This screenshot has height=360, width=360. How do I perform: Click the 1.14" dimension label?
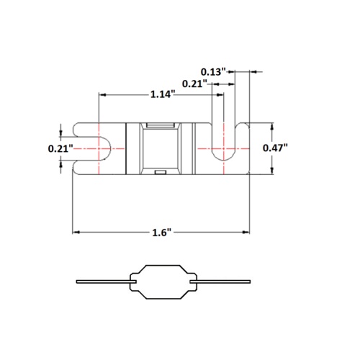coord(162,94)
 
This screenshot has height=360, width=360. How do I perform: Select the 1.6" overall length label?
coord(162,233)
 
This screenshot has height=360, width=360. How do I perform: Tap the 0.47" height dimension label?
coord(275,148)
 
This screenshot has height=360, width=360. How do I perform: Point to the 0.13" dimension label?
coord(213,71)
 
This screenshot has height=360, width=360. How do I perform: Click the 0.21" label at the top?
coord(194,84)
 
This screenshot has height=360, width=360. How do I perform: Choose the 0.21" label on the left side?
coord(60,149)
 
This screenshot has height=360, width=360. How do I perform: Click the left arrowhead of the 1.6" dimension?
coord(76,232)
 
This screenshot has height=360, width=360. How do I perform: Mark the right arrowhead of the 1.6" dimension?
coord(246,232)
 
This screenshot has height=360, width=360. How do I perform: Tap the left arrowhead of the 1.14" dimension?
coord(102,95)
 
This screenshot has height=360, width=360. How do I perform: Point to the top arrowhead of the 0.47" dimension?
coord(272,127)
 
